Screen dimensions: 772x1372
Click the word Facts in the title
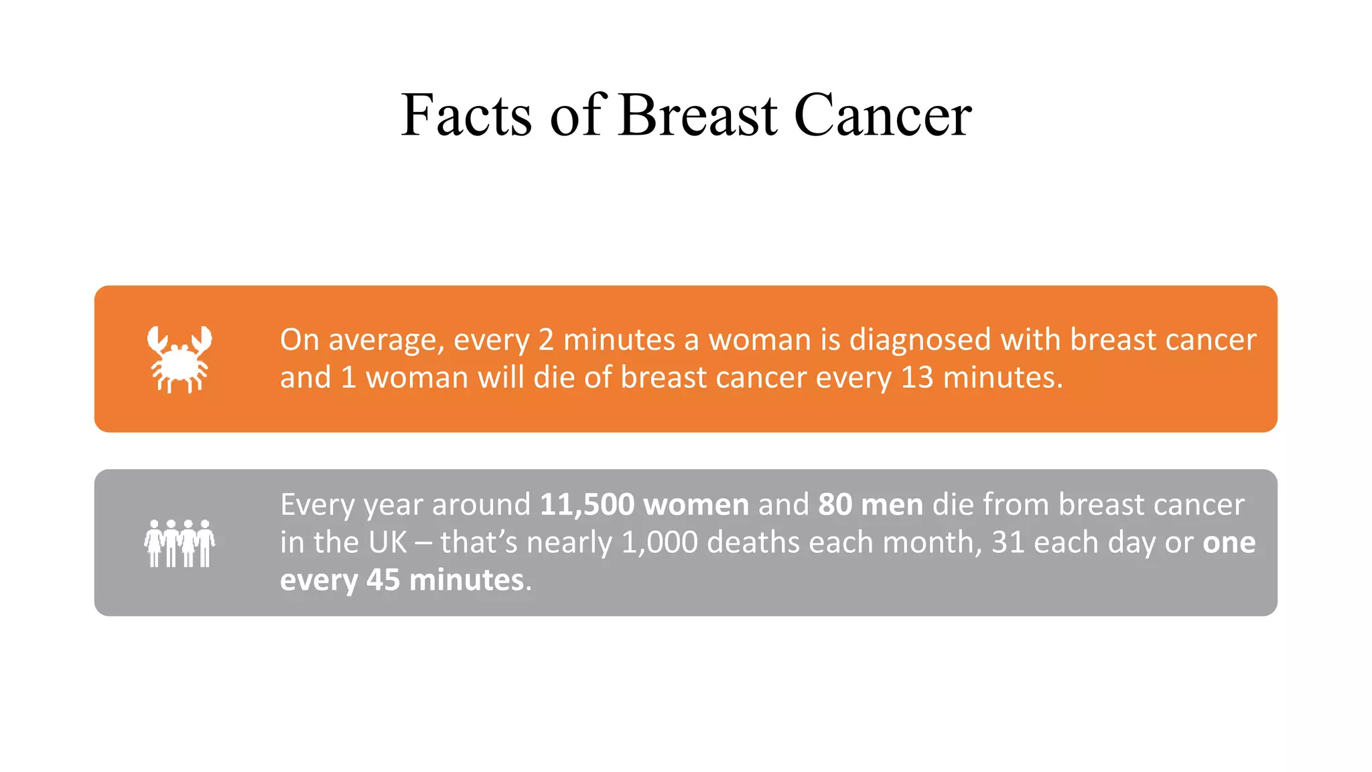coord(466,115)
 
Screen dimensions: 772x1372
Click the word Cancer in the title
coord(882,115)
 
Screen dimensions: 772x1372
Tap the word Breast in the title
coord(697,115)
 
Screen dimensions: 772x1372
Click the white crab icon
coord(180,359)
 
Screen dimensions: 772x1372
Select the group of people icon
coord(180,543)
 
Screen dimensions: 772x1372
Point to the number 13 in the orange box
coord(916,378)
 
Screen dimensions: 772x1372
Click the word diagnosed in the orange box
coord(920,340)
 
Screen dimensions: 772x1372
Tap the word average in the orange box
coord(386,340)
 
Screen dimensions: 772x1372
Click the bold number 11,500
coord(587,505)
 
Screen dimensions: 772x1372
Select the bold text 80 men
coord(870,505)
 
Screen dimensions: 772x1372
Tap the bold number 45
coord(383,580)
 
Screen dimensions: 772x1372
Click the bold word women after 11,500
coord(695,505)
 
